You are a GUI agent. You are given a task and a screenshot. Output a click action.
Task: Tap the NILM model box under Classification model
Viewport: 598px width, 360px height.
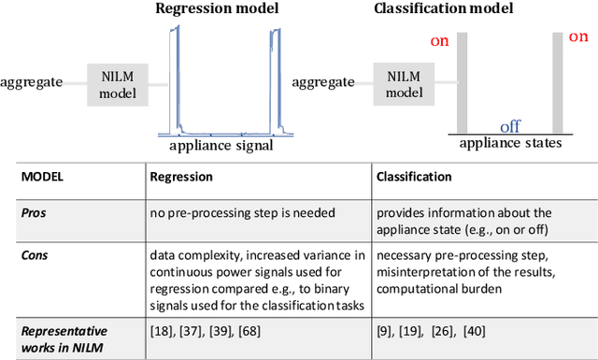coord(403,85)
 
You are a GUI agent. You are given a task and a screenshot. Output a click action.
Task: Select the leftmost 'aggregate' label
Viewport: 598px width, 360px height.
coord(32,82)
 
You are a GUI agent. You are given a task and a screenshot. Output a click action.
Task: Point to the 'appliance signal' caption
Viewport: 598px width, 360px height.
coord(221,146)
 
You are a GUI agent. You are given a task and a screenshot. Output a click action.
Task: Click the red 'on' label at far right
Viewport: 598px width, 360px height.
coord(577,37)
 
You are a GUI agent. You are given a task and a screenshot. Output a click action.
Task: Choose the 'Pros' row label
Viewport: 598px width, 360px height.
coord(34,212)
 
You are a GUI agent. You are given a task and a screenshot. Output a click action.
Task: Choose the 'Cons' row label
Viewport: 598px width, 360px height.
coord(35,252)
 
